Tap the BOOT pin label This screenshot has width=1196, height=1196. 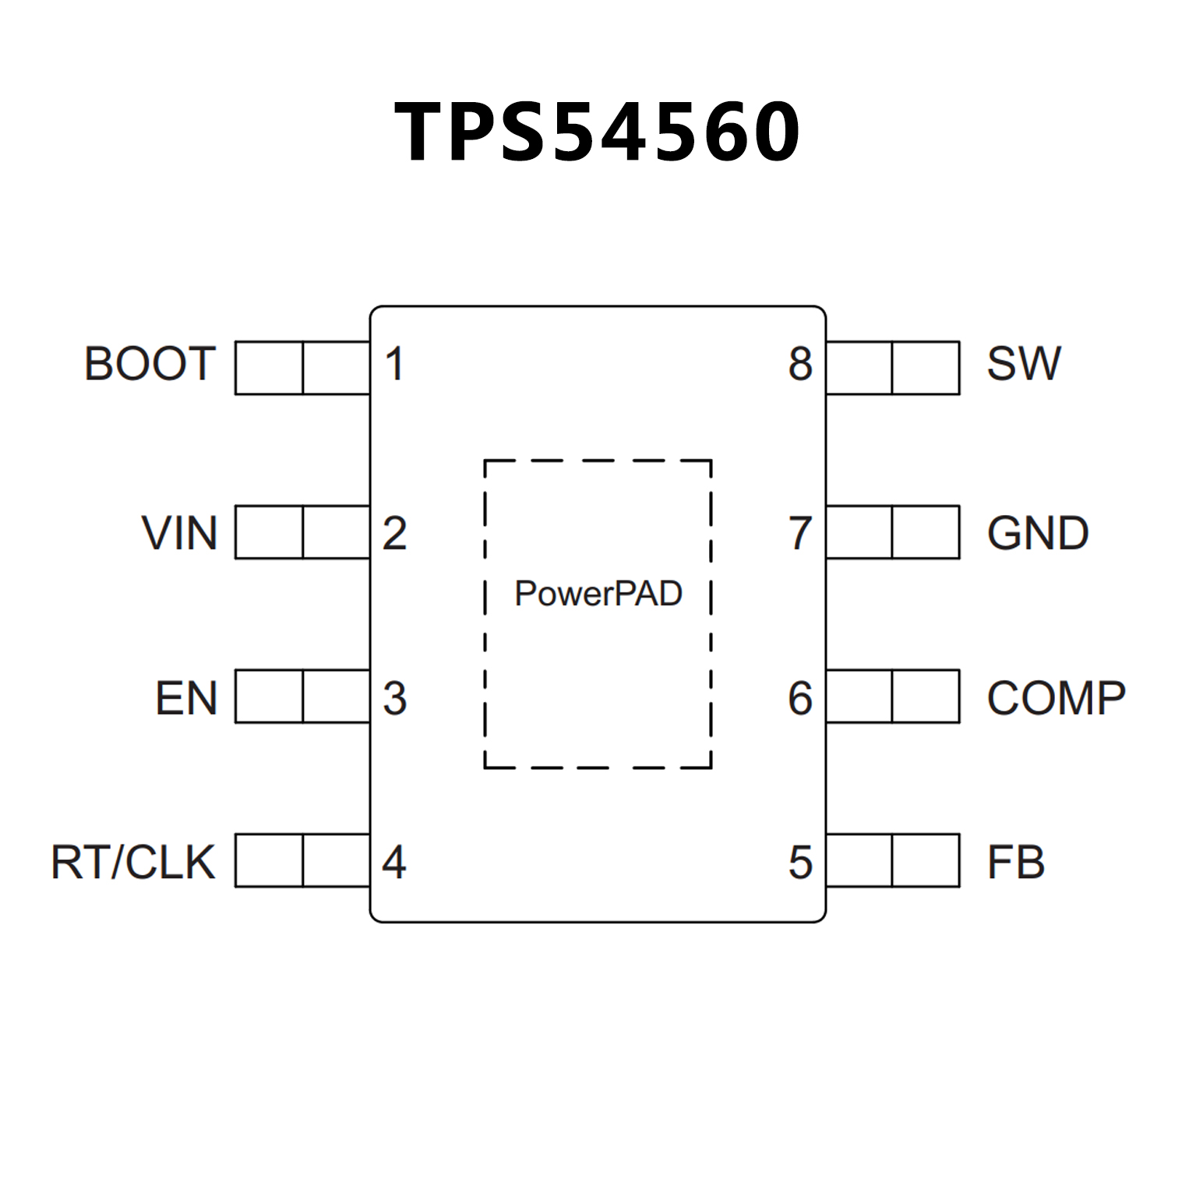coord(150,364)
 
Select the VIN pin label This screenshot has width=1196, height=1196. coord(179,533)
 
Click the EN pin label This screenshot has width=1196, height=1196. coord(186,697)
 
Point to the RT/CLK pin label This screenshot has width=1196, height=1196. coord(133,862)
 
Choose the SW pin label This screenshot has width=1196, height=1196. coord(1024,364)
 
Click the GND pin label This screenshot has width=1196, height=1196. coord(1038,533)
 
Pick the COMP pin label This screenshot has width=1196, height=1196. coord(1056,697)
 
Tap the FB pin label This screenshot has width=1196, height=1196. coord(1015,862)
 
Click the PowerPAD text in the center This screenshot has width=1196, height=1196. coord(598,594)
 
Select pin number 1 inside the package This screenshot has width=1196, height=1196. coord(394,364)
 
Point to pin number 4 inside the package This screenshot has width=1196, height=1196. coord(394,862)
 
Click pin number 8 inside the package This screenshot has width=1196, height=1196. coord(800,364)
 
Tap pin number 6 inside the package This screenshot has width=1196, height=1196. coord(800,697)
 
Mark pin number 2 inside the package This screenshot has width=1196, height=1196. coord(394,533)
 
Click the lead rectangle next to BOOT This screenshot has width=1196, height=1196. coord(302,368)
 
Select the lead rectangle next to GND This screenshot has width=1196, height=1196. coord(893,532)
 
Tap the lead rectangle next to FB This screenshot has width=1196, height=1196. coord(893,860)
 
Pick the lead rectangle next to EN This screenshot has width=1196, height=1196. coord(302,696)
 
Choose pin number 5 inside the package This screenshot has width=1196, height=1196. coord(800,862)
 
